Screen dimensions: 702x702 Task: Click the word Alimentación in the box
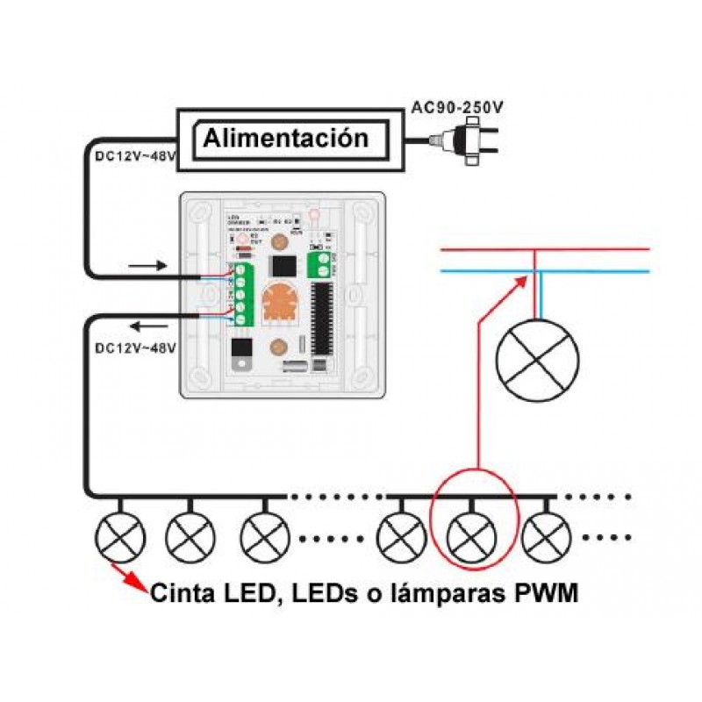point(286,139)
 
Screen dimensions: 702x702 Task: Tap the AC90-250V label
point(457,109)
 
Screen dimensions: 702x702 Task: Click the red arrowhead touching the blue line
point(524,280)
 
